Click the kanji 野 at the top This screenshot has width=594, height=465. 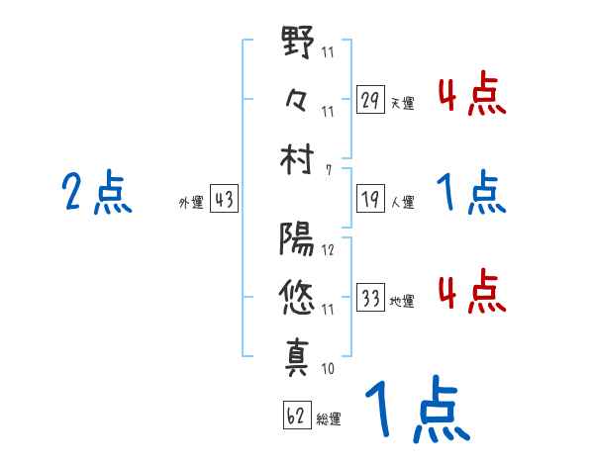(x=297, y=46)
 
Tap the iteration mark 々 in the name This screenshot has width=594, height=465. (x=297, y=101)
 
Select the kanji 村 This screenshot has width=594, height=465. (x=297, y=158)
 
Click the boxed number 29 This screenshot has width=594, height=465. (x=370, y=100)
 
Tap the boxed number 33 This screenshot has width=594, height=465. (x=370, y=296)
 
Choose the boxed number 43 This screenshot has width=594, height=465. (x=224, y=200)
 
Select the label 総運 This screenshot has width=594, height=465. (x=330, y=418)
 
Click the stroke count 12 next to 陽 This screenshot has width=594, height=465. (x=329, y=249)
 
